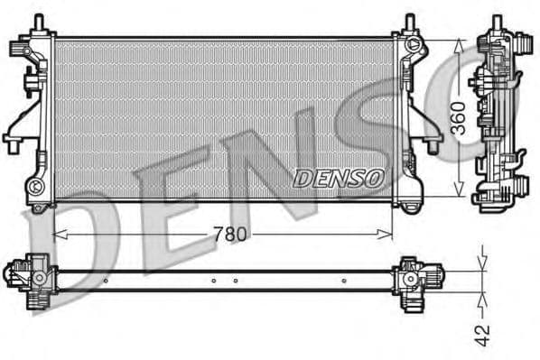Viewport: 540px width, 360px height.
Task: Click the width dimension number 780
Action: [231, 234]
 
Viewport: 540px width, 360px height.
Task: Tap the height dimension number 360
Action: [457, 118]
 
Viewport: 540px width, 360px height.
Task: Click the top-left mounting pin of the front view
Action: [40, 22]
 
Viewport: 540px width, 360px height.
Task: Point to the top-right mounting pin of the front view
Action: [409, 21]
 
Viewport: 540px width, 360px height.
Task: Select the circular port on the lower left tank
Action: [37, 186]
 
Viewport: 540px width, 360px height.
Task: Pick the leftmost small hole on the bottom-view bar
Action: [107, 281]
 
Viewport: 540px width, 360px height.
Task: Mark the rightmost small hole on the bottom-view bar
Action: [345, 281]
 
